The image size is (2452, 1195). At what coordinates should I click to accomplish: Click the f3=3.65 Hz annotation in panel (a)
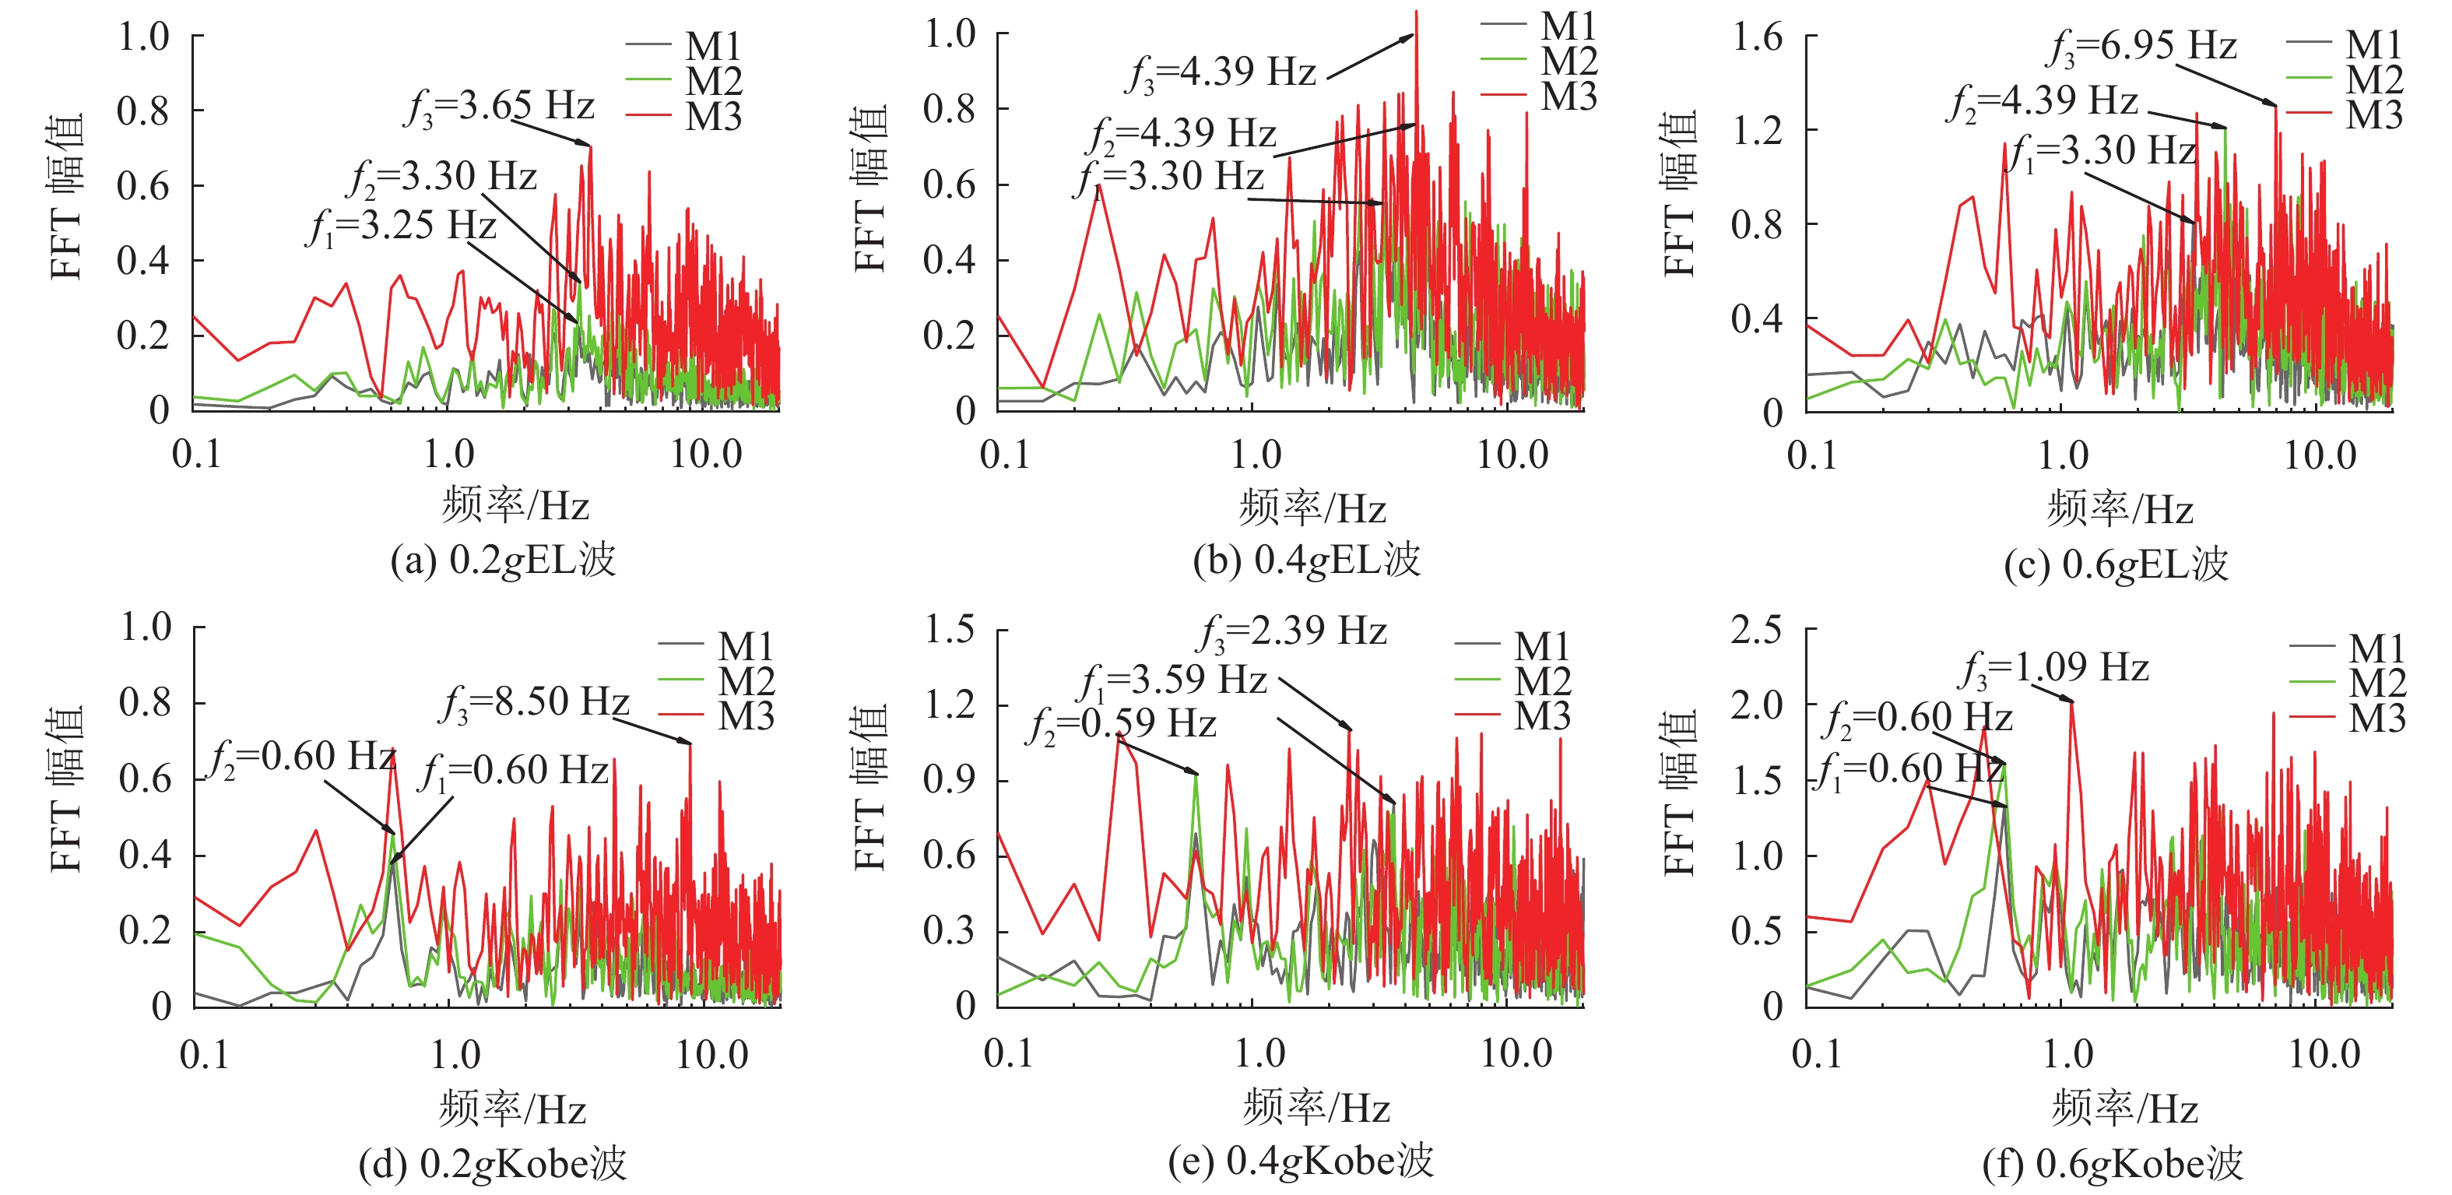[x=500, y=107]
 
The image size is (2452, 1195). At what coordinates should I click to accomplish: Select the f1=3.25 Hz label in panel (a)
[x=402, y=227]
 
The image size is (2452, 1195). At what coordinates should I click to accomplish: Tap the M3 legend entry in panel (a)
[x=713, y=117]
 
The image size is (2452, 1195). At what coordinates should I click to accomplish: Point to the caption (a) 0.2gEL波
[x=503, y=560]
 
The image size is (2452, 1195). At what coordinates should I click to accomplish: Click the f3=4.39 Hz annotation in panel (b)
[x=1223, y=73]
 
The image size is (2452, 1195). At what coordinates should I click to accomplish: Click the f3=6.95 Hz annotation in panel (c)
[x=2141, y=47]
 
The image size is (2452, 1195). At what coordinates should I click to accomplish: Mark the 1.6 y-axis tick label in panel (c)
[x=1756, y=38]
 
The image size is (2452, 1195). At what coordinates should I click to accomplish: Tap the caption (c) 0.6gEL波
[x=2115, y=564]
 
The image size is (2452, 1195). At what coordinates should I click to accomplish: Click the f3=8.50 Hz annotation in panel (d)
[x=535, y=704]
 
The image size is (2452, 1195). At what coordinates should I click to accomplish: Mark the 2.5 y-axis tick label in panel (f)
[x=1756, y=629]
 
